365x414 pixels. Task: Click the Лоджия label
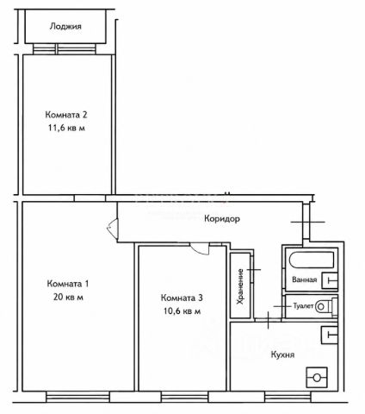click(x=65, y=27)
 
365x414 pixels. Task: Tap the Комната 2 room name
click(x=66, y=115)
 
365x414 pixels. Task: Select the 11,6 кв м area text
click(x=66, y=128)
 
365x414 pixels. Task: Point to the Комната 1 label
click(x=68, y=284)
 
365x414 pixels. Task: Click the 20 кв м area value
click(x=68, y=297)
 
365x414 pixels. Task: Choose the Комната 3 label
click(x=182, y=298)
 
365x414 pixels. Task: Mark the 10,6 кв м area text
click(x=182, y=311)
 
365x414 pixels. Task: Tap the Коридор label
click(x=222, y=219)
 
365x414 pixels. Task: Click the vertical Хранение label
click(x=240, y=286)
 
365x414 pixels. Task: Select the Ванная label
click(x=305, y=279)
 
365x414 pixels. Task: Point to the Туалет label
click(x=303, y=306)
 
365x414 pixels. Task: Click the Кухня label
click(x=282, y=354)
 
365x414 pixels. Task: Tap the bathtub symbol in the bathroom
click(x=312, y=260)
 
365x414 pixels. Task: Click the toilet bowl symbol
click(x=325, y=306)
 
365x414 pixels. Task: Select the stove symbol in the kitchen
click(x=317, y=377)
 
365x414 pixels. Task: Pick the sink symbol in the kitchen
click(x=329, y=335)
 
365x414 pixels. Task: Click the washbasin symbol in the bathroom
click(x=330, y=280)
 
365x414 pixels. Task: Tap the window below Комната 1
click(x=77, y=397)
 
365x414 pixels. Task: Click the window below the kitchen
click(x=288, y=397)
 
